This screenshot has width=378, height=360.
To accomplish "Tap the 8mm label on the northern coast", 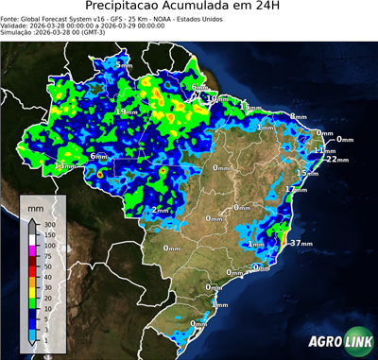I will [x=298, y=117].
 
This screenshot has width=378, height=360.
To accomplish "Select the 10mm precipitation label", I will [x=216, y=98].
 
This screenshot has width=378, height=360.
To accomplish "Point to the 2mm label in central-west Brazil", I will [x=162, y=210].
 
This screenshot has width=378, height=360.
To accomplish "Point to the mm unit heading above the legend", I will [x=35, y=205].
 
